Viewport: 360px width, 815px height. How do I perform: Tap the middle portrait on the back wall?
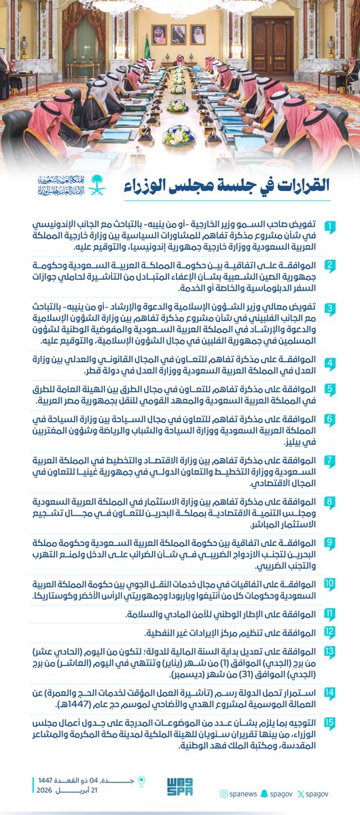pyautogui.click(x=178, y=35)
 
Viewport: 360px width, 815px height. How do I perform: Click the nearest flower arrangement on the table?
pyautogui.click(x=179, y=134)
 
